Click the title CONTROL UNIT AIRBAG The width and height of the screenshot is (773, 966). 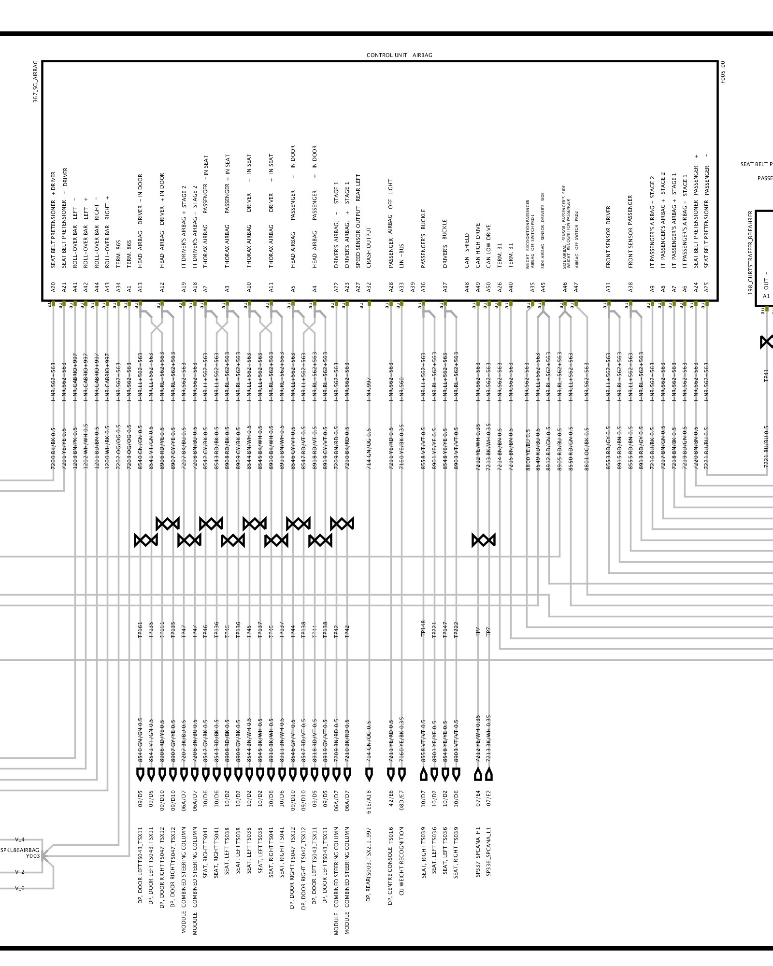(x=399, y=55)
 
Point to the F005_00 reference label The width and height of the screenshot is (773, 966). (x=723, y=72)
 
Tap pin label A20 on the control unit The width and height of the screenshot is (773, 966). (x=53, y=288)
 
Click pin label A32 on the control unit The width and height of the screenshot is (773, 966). (x=369, y=288)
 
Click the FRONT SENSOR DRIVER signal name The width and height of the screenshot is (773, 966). (x=609, y=237)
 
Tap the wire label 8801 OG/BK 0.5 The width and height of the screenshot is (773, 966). (x=587, y=441)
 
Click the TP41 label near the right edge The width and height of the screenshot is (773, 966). (x=766, y=375)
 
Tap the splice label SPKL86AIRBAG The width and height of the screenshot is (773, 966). (x=20, y=850)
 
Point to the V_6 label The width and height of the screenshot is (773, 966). (x=20, y=888)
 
